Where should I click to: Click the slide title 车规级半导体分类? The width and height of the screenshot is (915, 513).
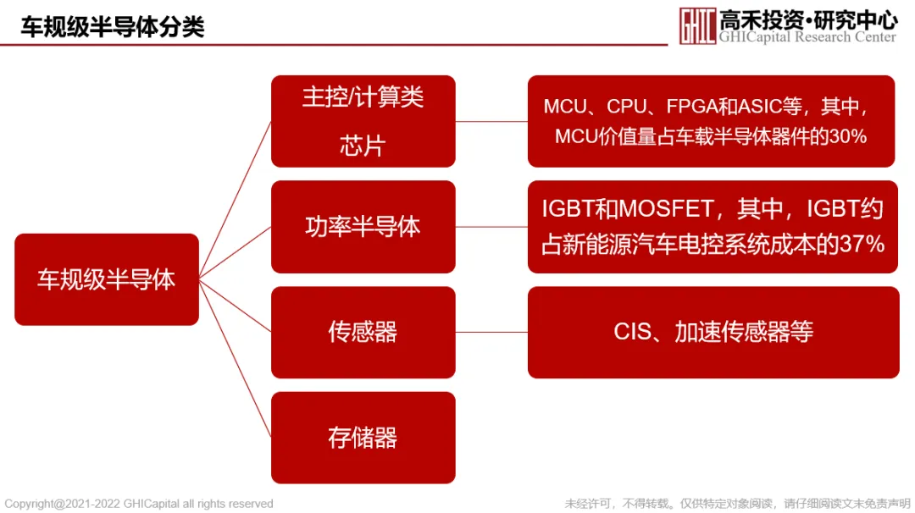113,26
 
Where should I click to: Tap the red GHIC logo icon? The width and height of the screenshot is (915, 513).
696,25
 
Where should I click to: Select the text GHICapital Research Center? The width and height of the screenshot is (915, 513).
807,37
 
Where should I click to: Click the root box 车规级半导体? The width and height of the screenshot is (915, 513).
107,279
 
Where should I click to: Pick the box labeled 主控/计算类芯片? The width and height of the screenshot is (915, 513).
363,121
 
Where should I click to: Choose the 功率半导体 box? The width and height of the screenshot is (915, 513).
363,227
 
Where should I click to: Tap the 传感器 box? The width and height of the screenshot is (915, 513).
363,332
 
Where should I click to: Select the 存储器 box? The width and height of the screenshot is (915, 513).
363,438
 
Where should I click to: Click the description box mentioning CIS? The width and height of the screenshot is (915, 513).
713,332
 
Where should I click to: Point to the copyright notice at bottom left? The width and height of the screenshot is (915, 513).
139,504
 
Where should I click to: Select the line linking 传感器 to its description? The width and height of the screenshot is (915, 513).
491,332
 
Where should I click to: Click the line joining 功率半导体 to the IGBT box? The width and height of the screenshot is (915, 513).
491,227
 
